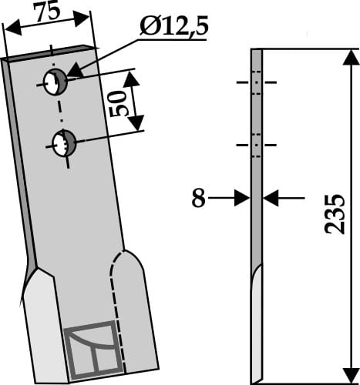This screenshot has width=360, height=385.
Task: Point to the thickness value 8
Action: [198, 199]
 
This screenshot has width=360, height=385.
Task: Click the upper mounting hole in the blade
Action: [56, 82]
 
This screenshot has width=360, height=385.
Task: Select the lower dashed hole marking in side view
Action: [257, 144]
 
